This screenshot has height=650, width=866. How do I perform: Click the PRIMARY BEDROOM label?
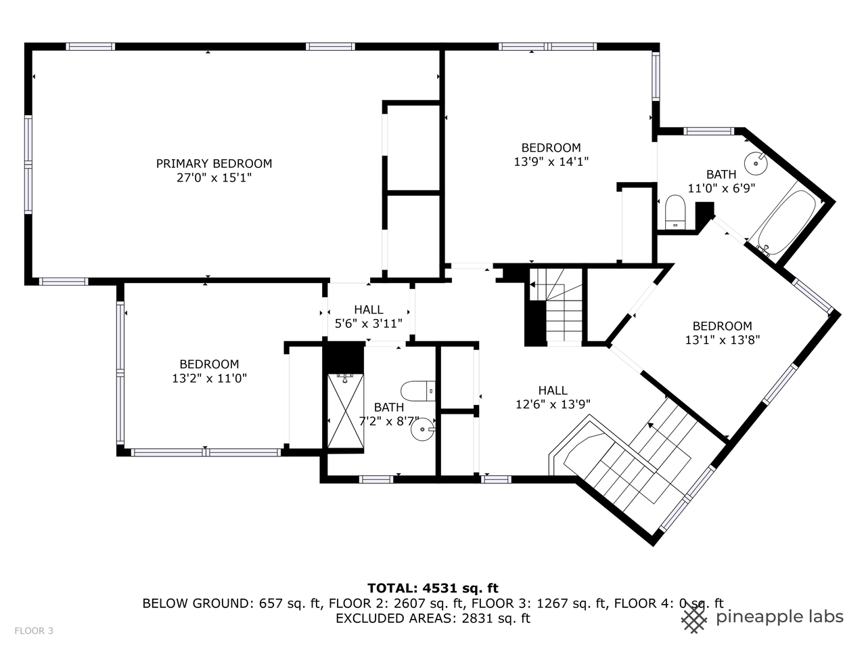click(214, 163)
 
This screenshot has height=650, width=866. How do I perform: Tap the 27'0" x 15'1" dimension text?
click(214, 178)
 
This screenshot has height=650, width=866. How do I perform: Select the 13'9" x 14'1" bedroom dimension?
click(551, 161)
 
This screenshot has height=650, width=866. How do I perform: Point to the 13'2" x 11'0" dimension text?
click(209, 378)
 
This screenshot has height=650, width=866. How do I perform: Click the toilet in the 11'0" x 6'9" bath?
click(675, 212)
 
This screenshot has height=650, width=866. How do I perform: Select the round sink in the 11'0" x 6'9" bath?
click(756, 163)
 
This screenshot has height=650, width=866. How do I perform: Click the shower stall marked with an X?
click(346, 411)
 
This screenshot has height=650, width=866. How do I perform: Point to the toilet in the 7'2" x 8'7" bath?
click(418, 391)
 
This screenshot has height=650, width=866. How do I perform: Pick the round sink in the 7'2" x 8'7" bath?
click(423, 429)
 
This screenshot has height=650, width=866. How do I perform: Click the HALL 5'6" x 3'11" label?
click(369, 316)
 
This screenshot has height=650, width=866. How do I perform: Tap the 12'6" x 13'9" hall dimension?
click(553, 404)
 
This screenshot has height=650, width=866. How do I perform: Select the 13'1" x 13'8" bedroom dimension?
click(723, 340)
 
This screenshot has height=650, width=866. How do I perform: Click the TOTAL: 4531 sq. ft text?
click(433, 588)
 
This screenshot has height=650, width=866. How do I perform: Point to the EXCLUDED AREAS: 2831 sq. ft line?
click(433, 618)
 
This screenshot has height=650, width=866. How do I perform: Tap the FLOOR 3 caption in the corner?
click(34, 630)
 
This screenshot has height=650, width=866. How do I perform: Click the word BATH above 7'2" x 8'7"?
click(389, 407)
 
